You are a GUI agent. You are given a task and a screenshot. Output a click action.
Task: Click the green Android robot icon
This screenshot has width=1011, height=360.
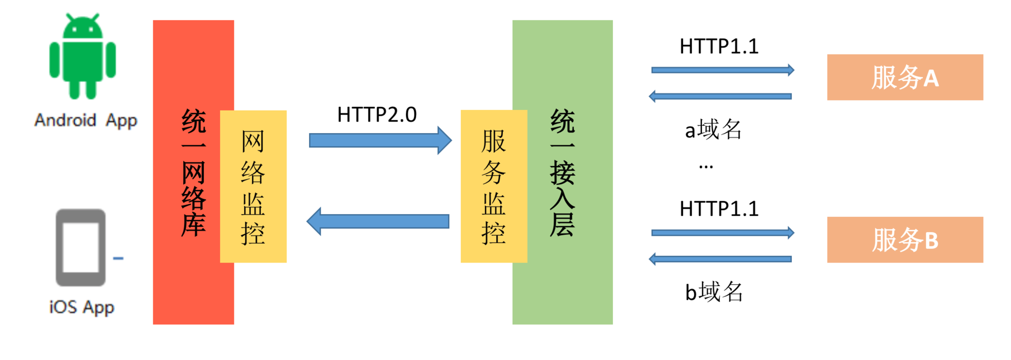(83, 57)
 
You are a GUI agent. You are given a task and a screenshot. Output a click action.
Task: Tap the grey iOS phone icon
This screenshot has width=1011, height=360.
(81, 247)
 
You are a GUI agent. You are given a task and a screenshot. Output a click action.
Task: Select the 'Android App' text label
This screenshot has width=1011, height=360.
(86, 121)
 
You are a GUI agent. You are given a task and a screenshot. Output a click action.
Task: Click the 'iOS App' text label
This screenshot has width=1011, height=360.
(82, 307)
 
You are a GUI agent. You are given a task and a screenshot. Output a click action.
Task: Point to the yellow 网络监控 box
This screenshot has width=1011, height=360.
(253, 186)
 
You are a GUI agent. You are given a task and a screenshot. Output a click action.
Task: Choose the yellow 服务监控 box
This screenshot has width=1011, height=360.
(493, 186)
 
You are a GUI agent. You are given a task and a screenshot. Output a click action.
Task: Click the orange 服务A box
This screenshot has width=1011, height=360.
(905, 77)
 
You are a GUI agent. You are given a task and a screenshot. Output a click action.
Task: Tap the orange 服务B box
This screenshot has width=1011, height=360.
(905, 240)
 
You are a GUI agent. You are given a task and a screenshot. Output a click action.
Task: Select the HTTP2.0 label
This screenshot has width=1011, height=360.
(377, 115)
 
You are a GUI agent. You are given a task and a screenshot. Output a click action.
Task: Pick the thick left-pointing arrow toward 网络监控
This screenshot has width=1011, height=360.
(378, 222)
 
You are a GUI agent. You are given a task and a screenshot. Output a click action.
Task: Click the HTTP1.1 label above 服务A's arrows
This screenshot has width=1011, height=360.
(719, 46)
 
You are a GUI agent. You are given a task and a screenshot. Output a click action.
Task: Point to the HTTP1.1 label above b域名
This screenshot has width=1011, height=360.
(719, 209)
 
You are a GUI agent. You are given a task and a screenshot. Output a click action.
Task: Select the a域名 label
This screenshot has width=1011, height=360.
(713, 129)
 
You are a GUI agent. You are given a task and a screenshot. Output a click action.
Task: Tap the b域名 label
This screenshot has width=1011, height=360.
(714, 292)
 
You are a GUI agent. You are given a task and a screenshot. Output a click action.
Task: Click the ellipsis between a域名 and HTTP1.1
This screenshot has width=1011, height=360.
(706, 167)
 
